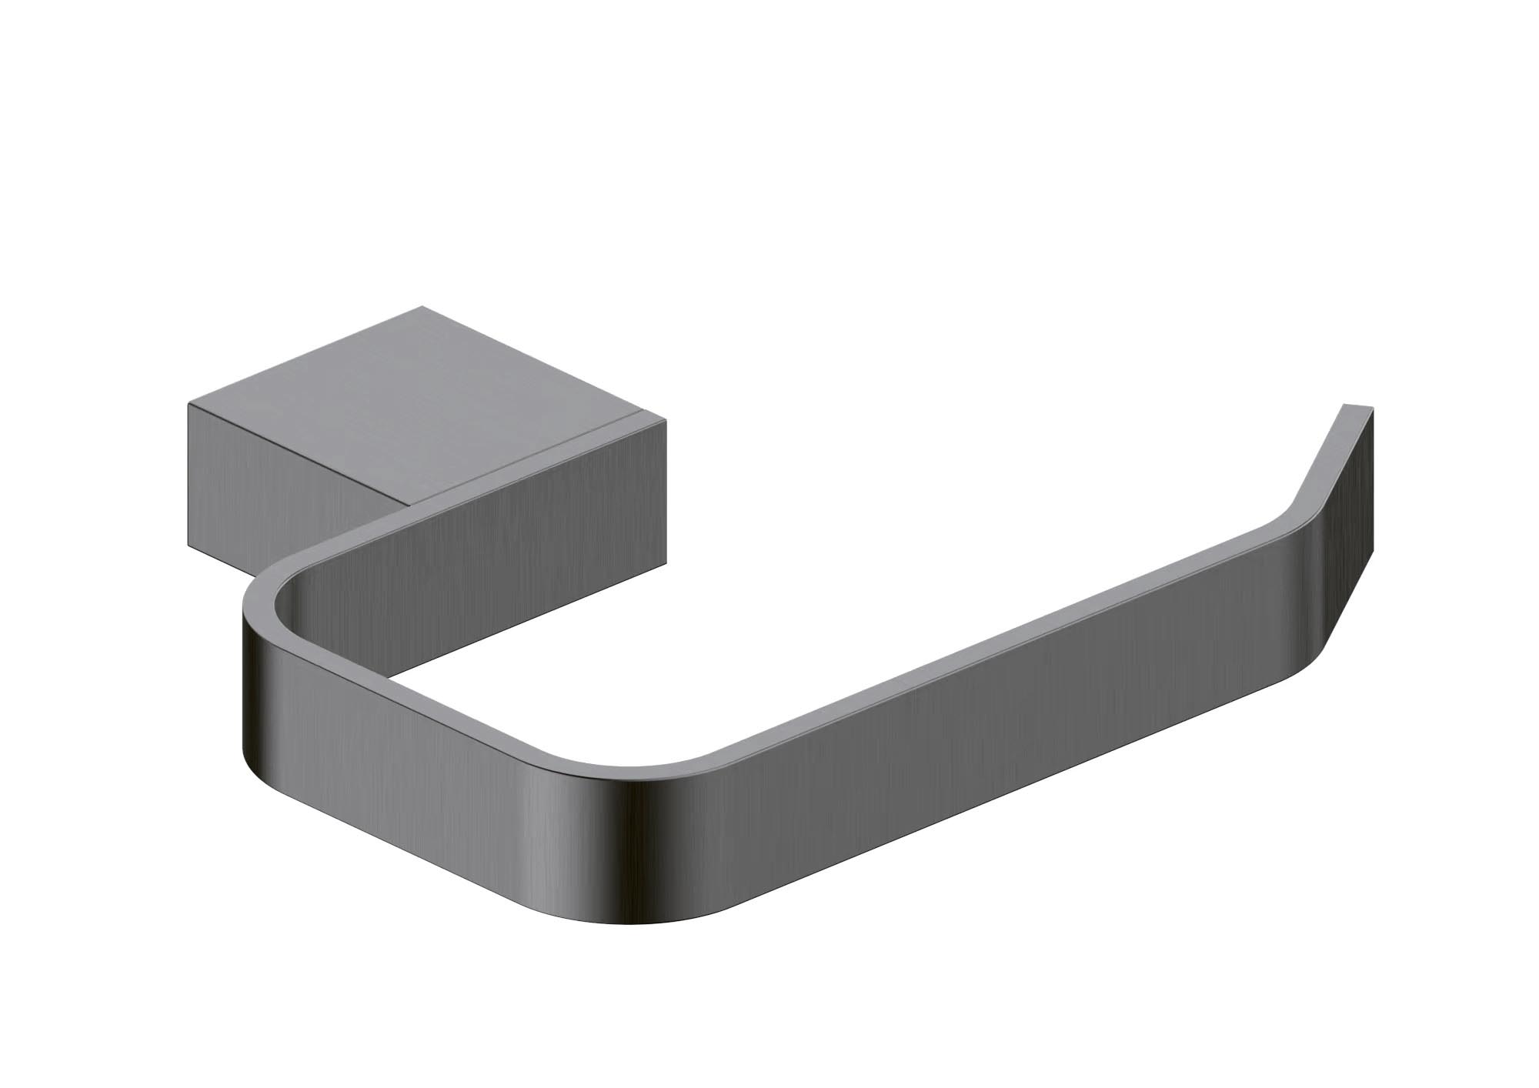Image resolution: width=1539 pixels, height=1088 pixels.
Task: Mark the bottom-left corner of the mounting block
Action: pyautogui.click(x=189, y=549)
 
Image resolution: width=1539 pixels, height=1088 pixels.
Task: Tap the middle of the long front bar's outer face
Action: pyautogui.click(x=962, y=769)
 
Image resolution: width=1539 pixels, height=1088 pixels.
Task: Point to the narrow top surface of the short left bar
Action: pyautogui.click(x=431, y=693)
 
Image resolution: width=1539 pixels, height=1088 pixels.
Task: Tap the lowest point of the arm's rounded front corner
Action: pyautogui.click(x=639, y=924)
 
